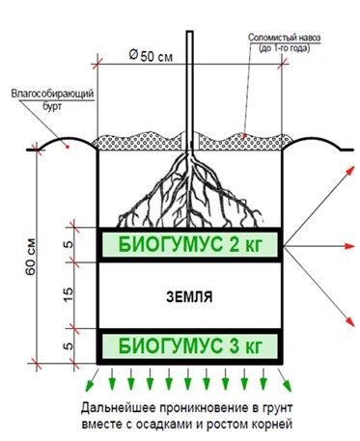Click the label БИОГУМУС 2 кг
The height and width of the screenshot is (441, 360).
(190, 245)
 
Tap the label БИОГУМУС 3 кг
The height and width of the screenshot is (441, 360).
(190, 346)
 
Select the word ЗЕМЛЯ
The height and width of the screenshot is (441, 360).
(189, 296)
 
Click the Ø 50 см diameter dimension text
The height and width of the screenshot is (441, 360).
(151, 56)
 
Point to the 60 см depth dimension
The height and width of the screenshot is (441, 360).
(31, 257)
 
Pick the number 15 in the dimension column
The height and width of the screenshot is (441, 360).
(69, 294)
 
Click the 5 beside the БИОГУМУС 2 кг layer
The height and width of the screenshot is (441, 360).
(69, 245)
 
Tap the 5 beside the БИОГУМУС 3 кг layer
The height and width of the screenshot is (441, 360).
(69, 346)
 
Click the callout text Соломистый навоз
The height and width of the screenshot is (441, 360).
(285, 38)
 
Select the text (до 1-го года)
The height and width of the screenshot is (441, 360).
(285, 48)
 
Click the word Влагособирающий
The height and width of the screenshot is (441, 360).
(52, 94)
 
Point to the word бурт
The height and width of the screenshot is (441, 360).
(52, 106)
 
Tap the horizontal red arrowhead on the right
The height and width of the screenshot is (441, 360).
(349, 246)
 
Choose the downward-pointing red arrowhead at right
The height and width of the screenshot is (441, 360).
(349, 321)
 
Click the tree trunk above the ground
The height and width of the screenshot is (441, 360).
(190, 90)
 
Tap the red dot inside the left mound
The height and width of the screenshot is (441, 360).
(68, 147)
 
